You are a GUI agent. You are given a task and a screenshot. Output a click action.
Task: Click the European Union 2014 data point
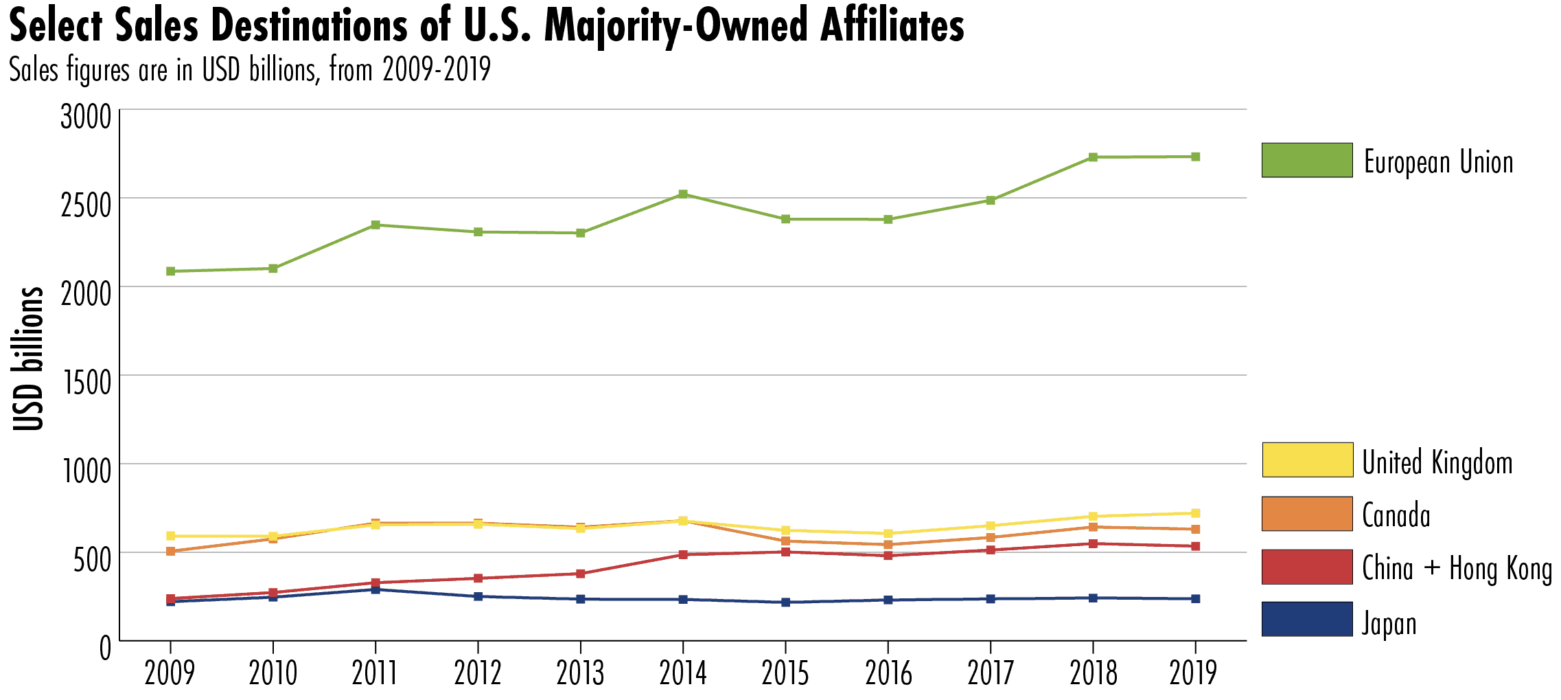(x=683, y=194)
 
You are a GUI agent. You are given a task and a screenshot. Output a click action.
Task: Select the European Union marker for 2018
(x=1093, y=157)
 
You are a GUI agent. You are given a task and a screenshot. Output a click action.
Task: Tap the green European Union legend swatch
(x=1307, y=160)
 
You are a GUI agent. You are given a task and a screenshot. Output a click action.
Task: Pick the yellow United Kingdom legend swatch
(x=1307, y=460)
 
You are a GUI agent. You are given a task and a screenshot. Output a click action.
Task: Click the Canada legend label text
(x=1396, y=515)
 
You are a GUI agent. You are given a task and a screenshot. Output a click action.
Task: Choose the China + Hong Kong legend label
(x=1457, y=568)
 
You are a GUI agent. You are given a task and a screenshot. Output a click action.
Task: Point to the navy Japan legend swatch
(x=1307, y=619)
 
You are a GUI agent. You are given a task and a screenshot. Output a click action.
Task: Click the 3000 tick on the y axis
(x=86, y=117)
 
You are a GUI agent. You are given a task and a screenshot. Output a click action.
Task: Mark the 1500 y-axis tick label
(x=87, y=383)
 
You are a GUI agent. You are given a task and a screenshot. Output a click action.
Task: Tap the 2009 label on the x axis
(x=170, y=673)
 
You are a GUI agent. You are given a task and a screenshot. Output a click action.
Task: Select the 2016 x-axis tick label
(x=888, y=673)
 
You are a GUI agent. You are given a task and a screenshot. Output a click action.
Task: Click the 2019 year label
(x=1194, y=673)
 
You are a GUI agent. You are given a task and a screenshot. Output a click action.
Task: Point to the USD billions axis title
(x=29, y=359)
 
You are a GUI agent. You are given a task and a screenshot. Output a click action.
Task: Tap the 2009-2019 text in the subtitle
(x=437, y=69)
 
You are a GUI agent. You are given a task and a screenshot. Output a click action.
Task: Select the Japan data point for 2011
(x=375, y=589)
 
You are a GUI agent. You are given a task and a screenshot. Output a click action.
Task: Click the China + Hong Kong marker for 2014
(x=683, y=554)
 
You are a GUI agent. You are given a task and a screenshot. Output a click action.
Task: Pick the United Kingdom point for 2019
(x=1195, y=513)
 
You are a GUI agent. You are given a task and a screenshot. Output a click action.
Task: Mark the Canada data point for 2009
(x=171, y=551)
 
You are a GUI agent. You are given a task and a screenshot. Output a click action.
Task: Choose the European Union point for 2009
(x=171, y=271)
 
